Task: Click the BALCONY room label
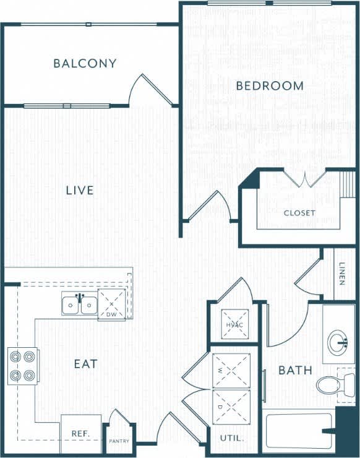pos(85,63)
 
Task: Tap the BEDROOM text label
pos(270,85)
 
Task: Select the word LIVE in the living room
pos(80,190)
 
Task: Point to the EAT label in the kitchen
pos(85,364)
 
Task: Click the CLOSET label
pos(299,213)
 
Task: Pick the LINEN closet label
pos(342,274)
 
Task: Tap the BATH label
pos(295,371)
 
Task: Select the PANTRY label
pos(119,441)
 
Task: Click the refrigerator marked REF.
pos(80,434)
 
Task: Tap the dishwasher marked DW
pos(111,305)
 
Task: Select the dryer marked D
pos(231,407)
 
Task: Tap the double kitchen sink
pos(80,305)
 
